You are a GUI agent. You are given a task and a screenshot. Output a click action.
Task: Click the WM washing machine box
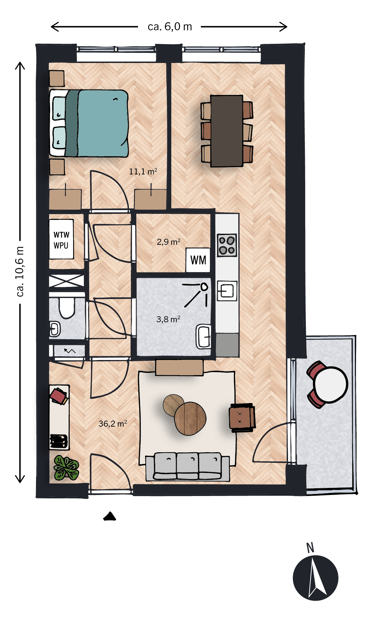point(198,260)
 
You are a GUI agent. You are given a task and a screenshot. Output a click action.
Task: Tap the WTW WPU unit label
point(61,240)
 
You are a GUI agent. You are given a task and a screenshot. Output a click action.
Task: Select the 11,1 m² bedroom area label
point(143,171)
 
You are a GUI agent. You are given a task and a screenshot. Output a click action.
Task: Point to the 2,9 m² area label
point(169,242)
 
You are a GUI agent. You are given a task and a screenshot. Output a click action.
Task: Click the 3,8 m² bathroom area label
point(168,319)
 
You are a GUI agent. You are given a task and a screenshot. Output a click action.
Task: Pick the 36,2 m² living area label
point(113,424)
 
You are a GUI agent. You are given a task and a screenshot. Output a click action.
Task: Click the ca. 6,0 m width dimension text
point(170,27)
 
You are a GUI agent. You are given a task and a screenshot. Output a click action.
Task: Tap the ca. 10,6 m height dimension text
point(20,271)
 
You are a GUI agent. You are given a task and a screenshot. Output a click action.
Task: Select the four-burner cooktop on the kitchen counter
point(227,245)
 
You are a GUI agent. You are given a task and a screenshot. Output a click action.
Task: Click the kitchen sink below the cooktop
point(227,291)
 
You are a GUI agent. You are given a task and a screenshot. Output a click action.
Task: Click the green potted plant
point(66,468)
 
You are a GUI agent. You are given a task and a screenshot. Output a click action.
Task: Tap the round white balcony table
point(330,384)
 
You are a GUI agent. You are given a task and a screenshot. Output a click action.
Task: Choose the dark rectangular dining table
point(227,131)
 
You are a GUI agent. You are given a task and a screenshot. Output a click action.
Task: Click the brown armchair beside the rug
point(242,418)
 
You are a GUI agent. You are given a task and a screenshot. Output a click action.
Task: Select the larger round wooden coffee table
point(190,419)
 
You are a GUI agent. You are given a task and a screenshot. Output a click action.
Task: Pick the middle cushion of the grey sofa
point(187,466)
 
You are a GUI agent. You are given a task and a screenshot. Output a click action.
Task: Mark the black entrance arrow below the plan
point(110,516)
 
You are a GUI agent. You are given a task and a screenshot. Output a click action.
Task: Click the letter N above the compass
point(310,548)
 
